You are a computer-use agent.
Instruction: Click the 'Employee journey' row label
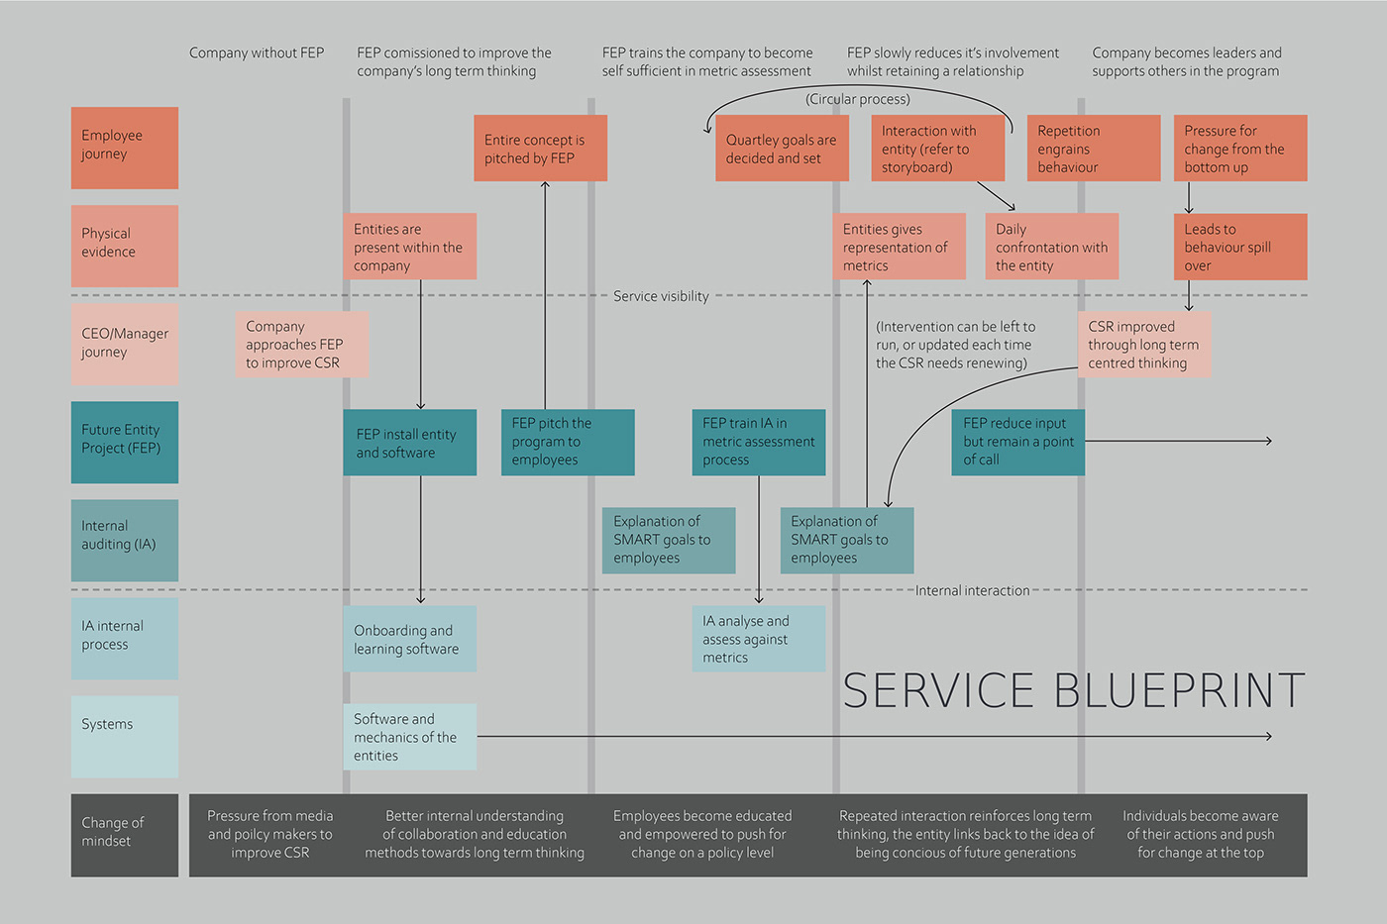[124, 148]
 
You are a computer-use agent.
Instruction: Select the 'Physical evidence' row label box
[124, 246]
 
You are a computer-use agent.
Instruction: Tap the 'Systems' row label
[124, 736]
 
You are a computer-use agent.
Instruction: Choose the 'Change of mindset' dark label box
[124, 834]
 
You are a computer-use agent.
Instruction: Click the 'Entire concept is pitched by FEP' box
[540, 149]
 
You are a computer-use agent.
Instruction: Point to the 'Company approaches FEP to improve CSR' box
[301, 345]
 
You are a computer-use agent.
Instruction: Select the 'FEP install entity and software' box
[409, 443]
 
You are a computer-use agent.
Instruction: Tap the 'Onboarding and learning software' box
[409, 640]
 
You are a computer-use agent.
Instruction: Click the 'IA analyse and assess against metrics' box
[758, 639]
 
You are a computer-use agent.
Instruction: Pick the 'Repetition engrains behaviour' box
[1093, 149]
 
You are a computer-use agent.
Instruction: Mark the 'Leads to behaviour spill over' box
[1239, 247]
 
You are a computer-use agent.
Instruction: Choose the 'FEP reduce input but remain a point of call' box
[1017, 442]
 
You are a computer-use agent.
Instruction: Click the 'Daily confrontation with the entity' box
[1051, 247]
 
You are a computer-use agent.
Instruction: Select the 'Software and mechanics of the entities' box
[409, 737]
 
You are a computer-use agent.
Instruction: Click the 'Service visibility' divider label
[661, 296]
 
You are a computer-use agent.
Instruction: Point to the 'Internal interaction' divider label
[972, 590]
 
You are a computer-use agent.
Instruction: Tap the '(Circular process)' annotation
[857, 99]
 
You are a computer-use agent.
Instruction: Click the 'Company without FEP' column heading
[257, 53]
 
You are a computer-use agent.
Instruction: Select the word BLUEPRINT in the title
[1179, 690]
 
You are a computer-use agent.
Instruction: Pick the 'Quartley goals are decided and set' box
[782, 149]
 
